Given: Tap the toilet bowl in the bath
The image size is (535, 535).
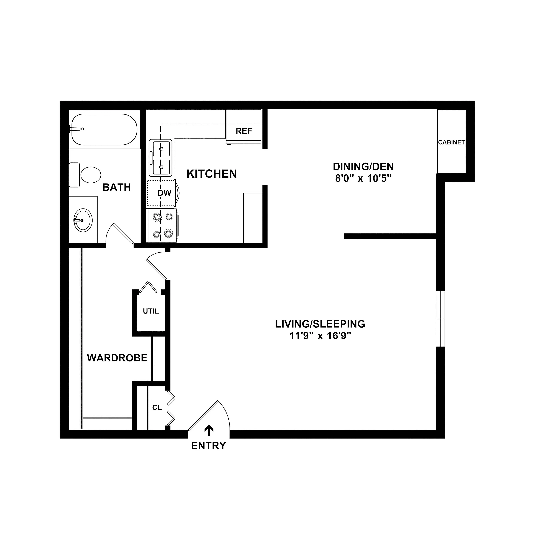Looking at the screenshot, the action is [91, 175].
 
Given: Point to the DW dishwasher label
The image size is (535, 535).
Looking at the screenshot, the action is [164, 193].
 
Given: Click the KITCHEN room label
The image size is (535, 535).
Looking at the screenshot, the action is [212, 174].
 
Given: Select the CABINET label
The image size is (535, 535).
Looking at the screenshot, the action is [451, 142].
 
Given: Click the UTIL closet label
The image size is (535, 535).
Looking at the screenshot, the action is [151, 311].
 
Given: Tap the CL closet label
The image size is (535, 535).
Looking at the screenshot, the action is [157, 408].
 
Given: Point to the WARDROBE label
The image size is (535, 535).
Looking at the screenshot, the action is [117, 358].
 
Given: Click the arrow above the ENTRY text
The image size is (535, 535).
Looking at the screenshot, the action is [209, 431].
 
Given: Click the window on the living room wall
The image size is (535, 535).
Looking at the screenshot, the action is [440, 319].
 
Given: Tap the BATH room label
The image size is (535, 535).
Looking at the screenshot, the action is [117, 187].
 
